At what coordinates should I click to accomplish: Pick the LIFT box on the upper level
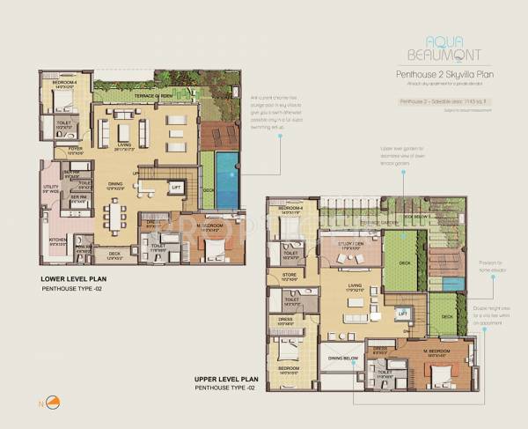(x=402, y=313)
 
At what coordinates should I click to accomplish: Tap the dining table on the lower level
(x=114, y=213)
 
